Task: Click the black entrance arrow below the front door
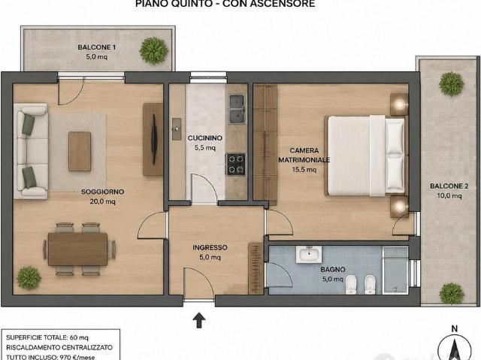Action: point(199,320)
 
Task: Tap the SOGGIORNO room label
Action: point(102,192)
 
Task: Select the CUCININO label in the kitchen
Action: point(205,138)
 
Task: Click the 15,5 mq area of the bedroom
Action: point(304,170)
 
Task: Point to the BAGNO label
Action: point(333,270)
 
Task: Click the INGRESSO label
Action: point(210,247)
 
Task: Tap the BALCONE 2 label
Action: point(449,186)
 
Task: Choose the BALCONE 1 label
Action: point(97,47)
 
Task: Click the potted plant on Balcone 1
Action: point(153,50)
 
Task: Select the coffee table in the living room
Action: point(80,151)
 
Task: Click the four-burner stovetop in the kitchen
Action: point(236,164)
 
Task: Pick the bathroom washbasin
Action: point(309,254)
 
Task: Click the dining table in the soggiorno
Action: point(78,249)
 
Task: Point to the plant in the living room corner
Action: point(29,278)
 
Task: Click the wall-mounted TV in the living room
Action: point(154,139)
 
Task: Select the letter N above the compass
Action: point(454,329)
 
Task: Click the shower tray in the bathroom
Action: point(395,271)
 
